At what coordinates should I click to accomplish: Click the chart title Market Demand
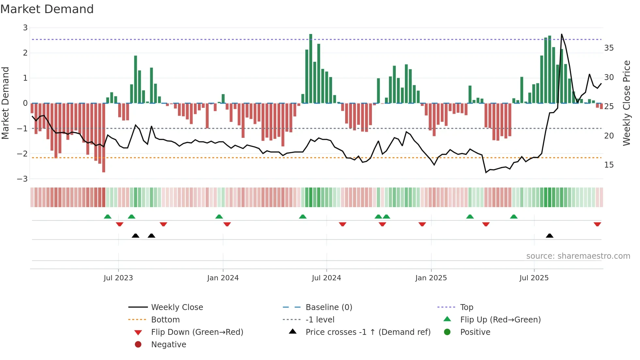(47, 9)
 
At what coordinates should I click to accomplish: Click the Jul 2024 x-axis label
(326, 278)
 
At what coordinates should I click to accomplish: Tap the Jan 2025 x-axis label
(431, 278)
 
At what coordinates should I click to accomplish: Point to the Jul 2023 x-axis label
(118, 278)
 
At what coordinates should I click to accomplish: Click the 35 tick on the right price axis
(609, 48)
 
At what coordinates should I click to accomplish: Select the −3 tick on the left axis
(23, 179)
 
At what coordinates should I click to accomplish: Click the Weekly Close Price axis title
(626, 103)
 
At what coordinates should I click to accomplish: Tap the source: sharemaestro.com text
(578, 256)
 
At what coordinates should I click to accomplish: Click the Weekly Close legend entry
(177, 307)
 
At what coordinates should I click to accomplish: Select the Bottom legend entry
(165, 320)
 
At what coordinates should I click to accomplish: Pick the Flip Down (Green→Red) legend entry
(197, 332)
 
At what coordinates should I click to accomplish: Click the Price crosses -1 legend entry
(368, 332)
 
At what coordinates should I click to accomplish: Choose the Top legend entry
(466, 307)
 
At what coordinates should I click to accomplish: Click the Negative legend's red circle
(138, 345)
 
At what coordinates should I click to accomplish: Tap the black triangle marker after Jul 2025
(550, 236)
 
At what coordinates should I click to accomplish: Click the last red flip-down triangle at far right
(597, 224)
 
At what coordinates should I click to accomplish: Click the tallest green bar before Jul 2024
(311, 69)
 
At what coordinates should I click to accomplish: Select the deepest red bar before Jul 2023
(104, 137)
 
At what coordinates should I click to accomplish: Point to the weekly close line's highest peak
(562, 34)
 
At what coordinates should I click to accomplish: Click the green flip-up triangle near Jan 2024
(219, 217)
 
